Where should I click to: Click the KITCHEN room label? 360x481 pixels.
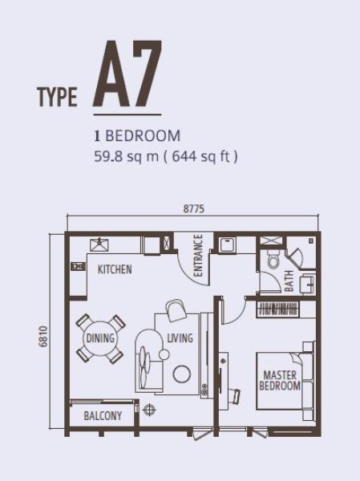(x=115, y=269)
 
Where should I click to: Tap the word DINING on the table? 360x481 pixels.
(x=100, y=338)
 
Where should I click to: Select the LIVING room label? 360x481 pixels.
(x=180, y=338)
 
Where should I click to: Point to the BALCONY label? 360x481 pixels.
(x=103, y=415)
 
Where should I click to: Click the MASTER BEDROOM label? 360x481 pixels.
(x=280, y=380)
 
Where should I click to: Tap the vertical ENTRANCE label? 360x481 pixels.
(x=199, y=255)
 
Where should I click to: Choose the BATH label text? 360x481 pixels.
(x=289, y=281)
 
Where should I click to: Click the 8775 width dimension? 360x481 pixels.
(x=194, y=209)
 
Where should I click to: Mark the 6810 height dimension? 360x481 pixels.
(x=43, y=337)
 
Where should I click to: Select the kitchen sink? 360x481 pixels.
(x=99, y=245)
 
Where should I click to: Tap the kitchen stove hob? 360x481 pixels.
(x=78, y=266)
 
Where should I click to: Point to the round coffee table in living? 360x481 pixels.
(x=182, y=374)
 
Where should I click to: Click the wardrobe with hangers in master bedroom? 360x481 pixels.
(x=277, y=309)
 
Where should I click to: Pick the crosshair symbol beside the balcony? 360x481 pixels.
(x=149, y=410)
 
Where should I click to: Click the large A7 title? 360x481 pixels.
(x=127, y=74)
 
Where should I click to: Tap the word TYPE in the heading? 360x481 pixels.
(x=57, y=97)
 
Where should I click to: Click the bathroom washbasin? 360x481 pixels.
(x=308, y=284)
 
